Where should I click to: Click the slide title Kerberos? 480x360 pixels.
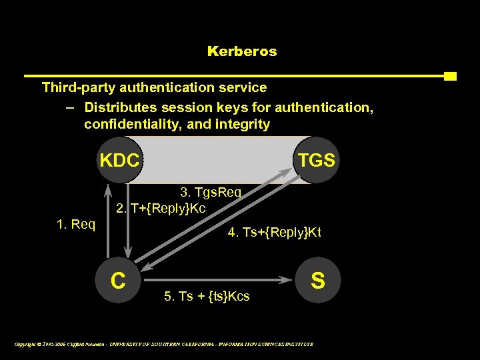point(242,51)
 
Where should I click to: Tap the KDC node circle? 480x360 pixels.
point(120,160)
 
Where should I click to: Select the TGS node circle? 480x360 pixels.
point(317,160)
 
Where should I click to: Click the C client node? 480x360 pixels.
point(119,280)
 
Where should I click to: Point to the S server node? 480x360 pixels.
point(318,280)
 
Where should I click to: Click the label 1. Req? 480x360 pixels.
point(76,225)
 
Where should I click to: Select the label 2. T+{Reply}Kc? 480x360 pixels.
point(161,209)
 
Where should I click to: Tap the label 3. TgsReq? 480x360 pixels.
point(211,193)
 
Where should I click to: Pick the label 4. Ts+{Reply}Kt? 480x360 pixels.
point(274,233)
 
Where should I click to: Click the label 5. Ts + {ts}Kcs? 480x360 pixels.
point(207,297)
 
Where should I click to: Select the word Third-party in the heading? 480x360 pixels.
point(77,87)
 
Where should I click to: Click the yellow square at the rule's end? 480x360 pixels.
point(450,76)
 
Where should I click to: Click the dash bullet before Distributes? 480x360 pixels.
point(70,107)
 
